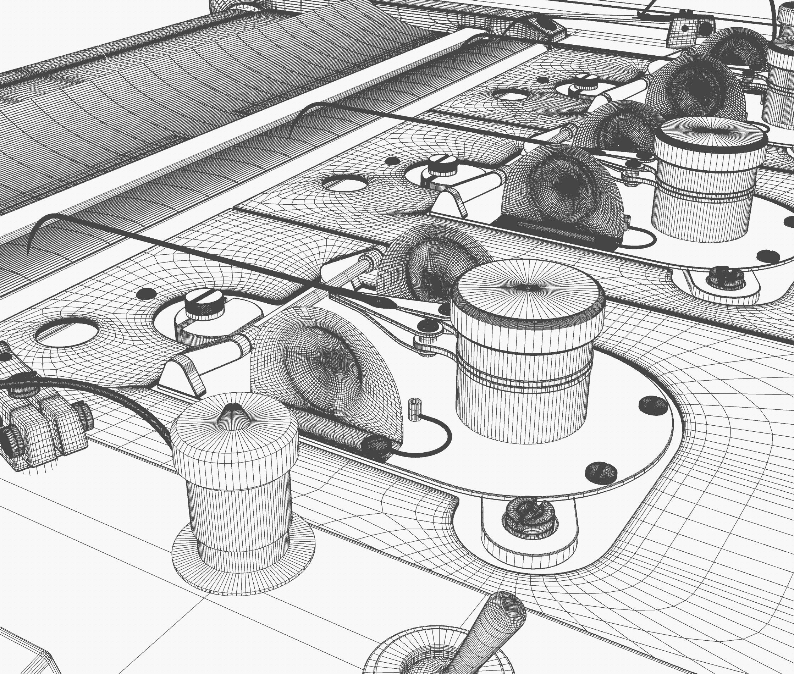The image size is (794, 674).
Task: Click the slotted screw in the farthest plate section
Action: point(584,83)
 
